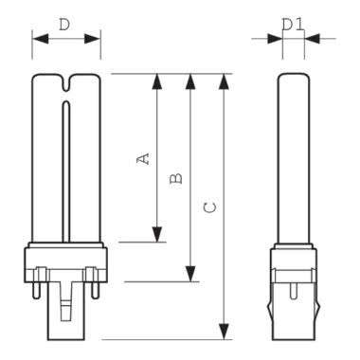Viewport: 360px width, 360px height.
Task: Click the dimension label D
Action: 64,25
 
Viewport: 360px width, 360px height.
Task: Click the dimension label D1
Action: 293,25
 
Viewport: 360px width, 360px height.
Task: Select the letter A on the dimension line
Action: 143,159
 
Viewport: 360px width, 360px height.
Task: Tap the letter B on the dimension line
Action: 176,179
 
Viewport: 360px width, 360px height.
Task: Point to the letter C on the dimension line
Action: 209,207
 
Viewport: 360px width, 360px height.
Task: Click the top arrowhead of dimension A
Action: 157,81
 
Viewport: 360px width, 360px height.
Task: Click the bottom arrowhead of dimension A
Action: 157,234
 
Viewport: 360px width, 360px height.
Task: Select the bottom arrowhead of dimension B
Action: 190,274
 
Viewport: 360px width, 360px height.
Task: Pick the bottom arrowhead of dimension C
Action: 224,332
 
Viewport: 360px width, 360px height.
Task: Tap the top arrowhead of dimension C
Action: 224,81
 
